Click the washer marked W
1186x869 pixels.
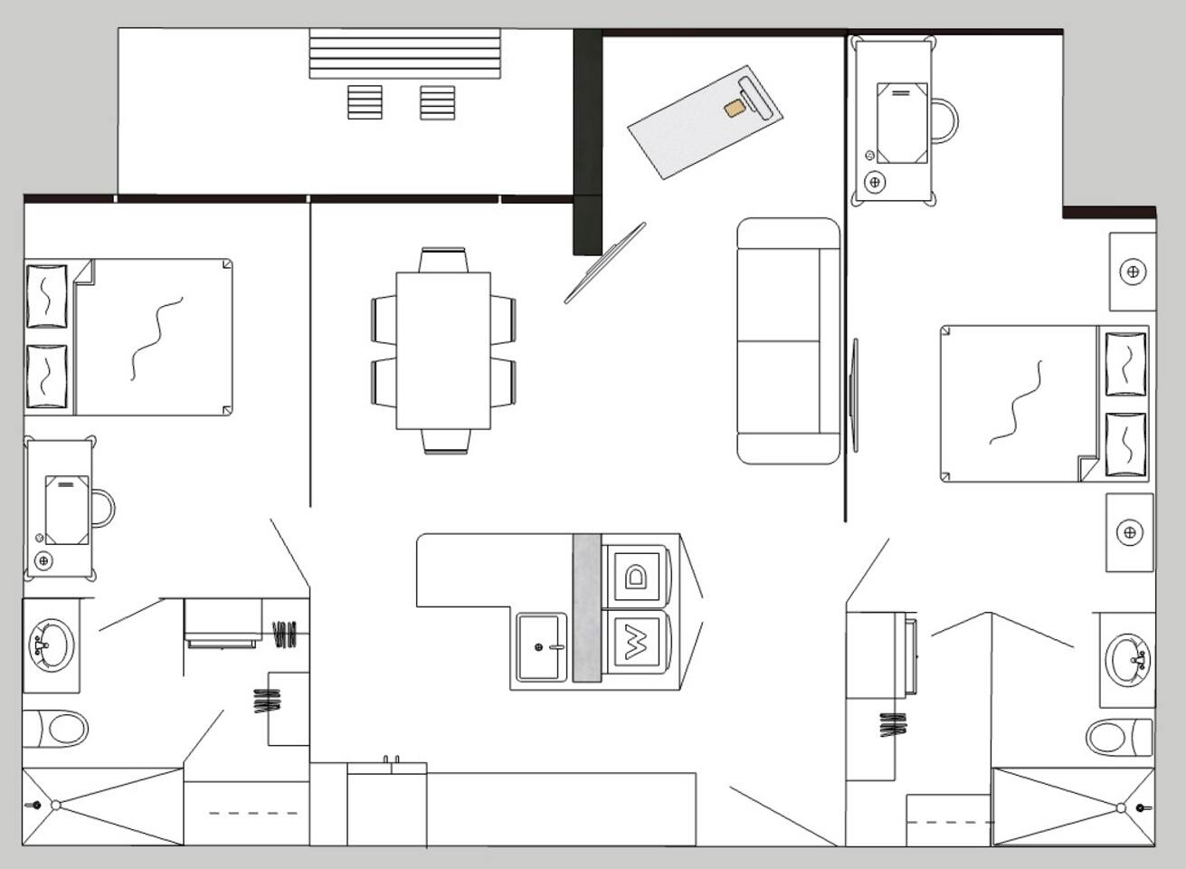click(x=636, y=642)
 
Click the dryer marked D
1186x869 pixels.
click(x=636, y=576)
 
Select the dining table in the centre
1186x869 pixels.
click(x=443, y=351)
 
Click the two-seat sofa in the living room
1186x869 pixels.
click(x=788, y=340)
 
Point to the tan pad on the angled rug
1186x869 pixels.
click(x=735, y=109)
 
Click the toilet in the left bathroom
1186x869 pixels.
click(x=55, y=729)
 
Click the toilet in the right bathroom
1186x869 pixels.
click(x=1119, y=737)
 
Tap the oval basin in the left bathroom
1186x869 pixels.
click(x=52, y=645)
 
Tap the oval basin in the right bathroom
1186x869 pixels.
click(x=1126, y=660)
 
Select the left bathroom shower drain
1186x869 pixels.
click(x=55, y=806)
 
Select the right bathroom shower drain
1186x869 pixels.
click(x=1120, y=807)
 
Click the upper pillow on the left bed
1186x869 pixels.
click(x=47, y=296)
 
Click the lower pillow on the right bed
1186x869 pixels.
click(x=1125, y=444)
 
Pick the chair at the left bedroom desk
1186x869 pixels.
click(x=104, y=509)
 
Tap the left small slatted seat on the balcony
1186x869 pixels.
click(x=365, y=102)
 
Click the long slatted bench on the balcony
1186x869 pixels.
click(x=405, y=54)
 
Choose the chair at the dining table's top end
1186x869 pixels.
click(x=443, y=260)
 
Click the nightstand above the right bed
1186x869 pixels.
click(x=1133, y=272)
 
